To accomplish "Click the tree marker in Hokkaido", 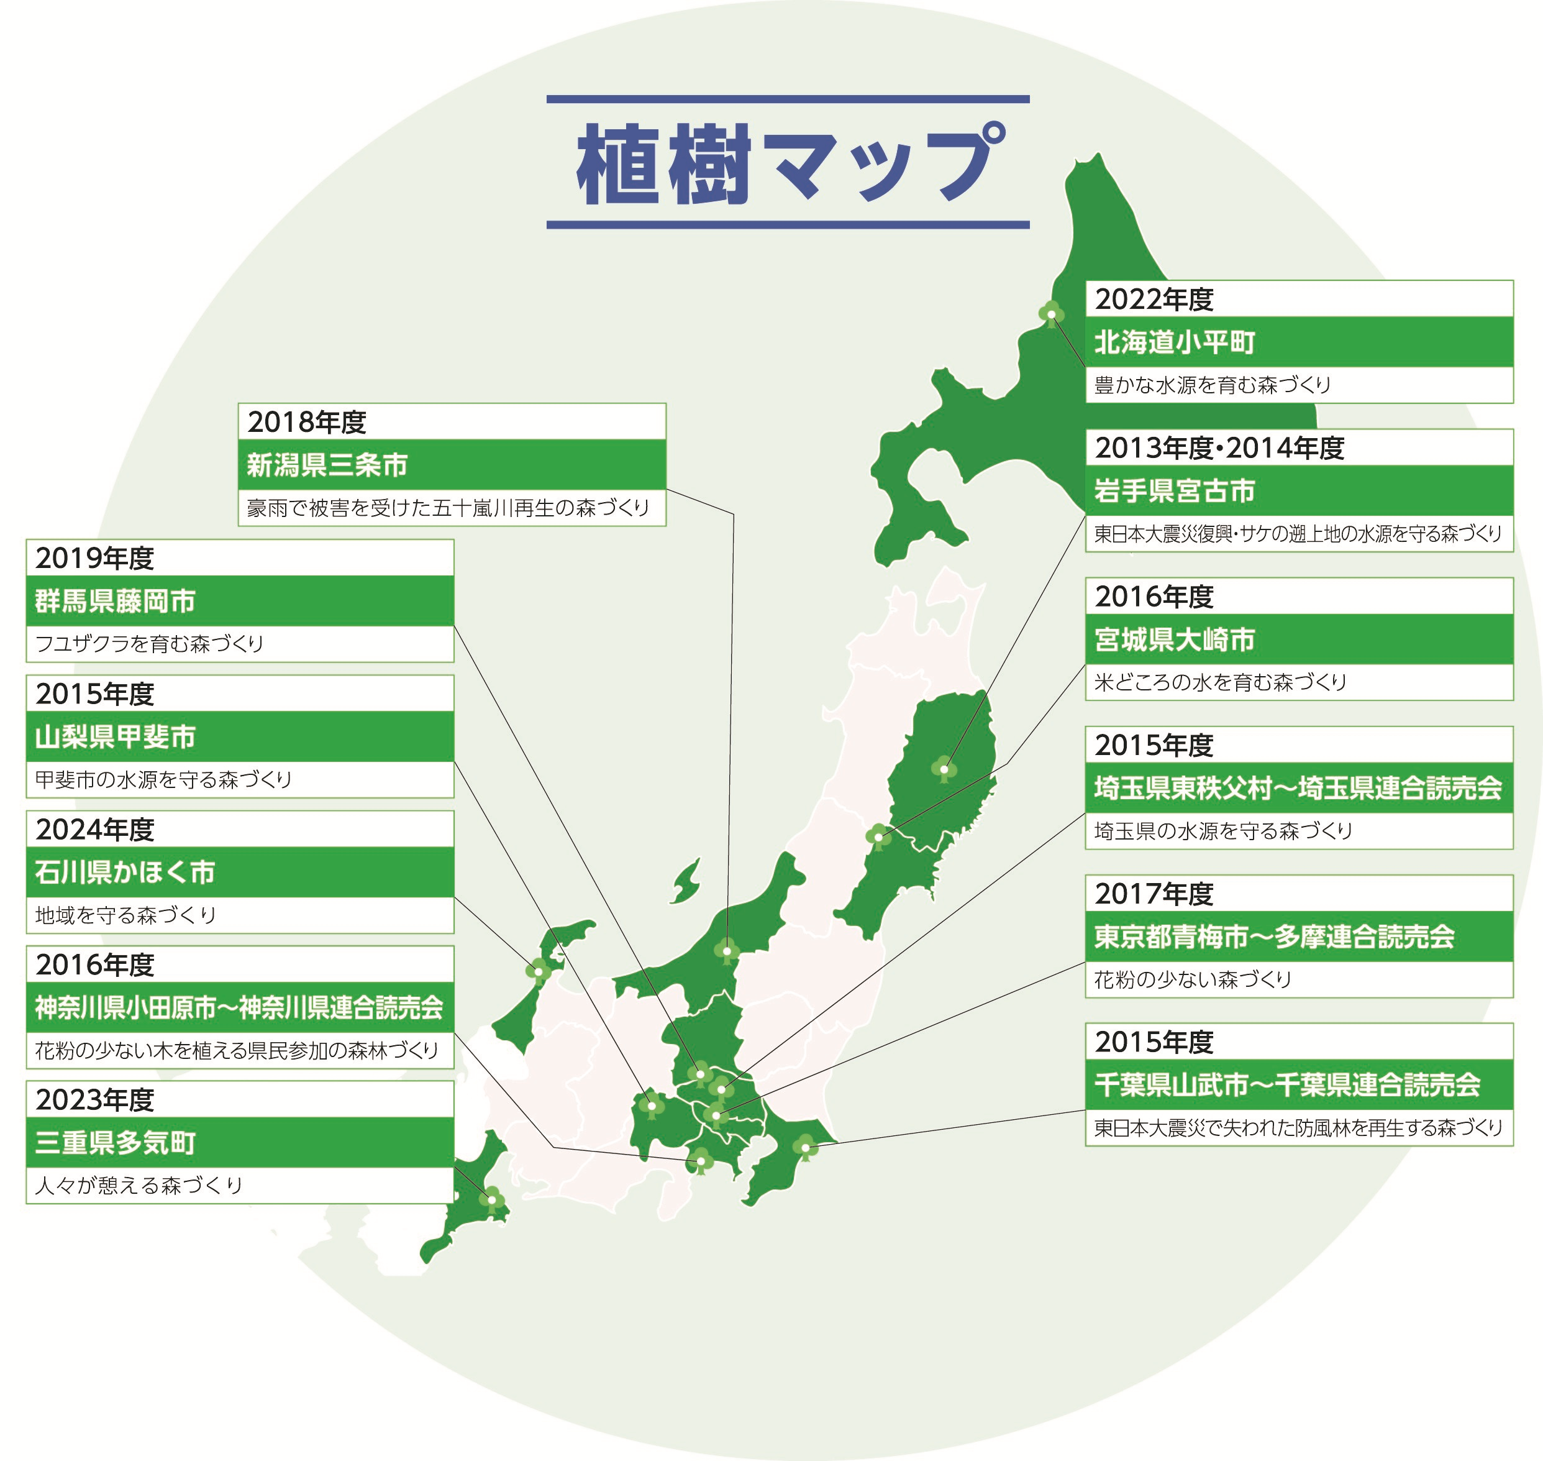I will tap(1051, 314).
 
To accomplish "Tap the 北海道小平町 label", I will tap(1175, 342).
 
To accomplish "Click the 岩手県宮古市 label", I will tap(1175, 491).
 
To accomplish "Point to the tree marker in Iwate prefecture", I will tap(944, 768).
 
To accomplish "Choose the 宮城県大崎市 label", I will tap(1175, 639).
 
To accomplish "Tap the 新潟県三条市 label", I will tap(327, 465).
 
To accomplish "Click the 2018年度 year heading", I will tap(307, 422).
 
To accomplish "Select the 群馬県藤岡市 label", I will tap(115, 601).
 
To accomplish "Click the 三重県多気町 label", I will tap(115, 1142).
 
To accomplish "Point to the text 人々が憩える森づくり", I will tap(139, 1185).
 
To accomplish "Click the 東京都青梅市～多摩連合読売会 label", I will tap(1275, 936).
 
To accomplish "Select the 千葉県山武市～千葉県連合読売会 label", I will tap(1287, 1084).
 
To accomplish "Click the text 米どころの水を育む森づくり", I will tap(1220, 682).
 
